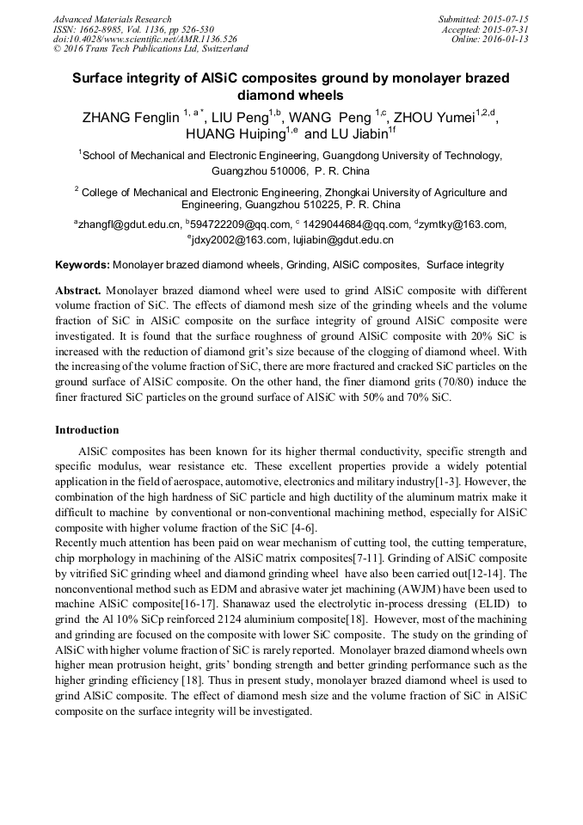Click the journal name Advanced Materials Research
click(x=112, y=19)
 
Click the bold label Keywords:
click(x=83, y=265)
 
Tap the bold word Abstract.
click(x=80, y=292)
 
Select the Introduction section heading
click(x=87, y=429)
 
